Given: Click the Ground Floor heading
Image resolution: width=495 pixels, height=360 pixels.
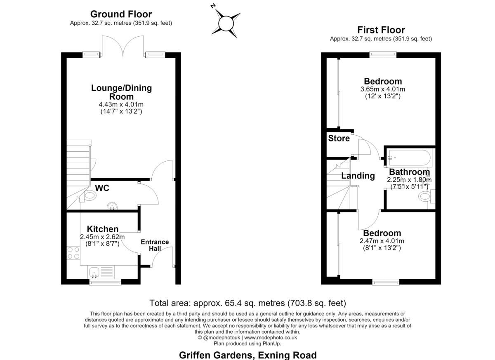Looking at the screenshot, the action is point(121,14).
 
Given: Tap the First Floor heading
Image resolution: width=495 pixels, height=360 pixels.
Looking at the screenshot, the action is point(381,30).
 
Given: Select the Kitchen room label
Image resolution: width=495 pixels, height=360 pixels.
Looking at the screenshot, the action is point(103,229).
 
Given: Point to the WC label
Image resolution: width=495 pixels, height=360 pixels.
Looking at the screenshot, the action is point(102,188).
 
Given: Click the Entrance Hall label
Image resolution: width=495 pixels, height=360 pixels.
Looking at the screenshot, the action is point(155,245).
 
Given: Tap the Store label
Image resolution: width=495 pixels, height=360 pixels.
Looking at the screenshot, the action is point(339,138).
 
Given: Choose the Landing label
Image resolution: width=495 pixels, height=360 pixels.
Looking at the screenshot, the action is point(358,176).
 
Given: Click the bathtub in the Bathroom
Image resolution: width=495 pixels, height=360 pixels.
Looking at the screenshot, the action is point(410,158).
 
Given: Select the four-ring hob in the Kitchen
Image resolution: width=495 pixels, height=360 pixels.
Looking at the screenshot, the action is point(73,253).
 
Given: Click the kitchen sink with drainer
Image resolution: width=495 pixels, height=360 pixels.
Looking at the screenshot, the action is point(101,272).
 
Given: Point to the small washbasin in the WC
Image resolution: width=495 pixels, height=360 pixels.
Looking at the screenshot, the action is point(112,206).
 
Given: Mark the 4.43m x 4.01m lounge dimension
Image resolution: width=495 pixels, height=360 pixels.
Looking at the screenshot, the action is point(121,104).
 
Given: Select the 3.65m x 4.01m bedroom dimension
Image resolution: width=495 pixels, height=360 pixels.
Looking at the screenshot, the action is point(383,89).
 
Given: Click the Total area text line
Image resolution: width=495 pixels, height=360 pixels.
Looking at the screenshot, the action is point(248,303).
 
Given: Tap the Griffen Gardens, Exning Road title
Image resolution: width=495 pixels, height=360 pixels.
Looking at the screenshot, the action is point(248,355).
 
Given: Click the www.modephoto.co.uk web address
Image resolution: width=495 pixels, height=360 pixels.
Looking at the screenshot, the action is point(271,337).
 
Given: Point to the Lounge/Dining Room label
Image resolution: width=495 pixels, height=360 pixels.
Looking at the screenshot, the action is point(121,92).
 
